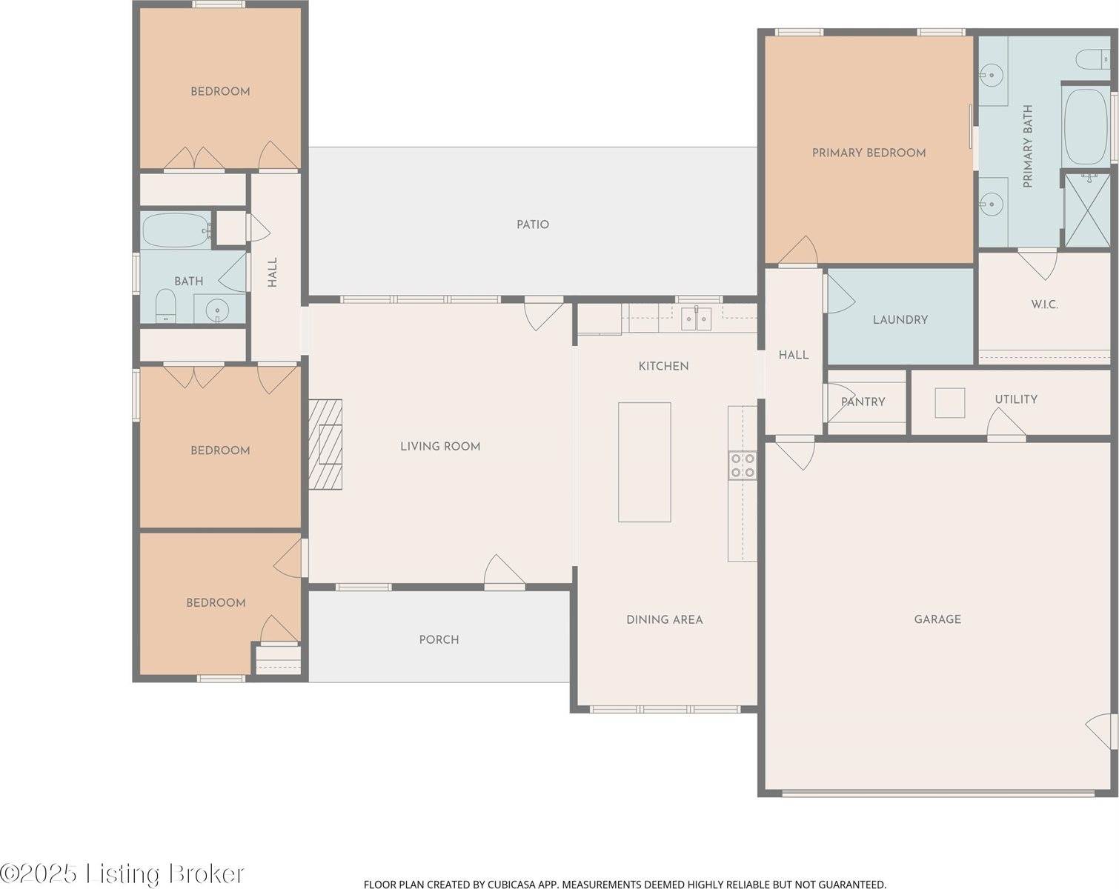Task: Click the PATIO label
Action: [533, 224]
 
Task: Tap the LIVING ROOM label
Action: [440, 446]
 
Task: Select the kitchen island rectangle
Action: [644, 462]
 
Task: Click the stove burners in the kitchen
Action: [743, 466]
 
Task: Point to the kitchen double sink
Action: [697, 318]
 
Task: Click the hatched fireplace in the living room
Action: [325, 444]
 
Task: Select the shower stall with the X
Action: [1087, 210]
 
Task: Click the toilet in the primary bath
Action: [1093, 60]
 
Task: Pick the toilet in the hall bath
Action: [166, 306]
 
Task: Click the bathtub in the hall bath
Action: [176, 230]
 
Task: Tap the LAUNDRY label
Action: [900, 320]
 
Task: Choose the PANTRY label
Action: [863, 402]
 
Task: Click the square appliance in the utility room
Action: [950, 403]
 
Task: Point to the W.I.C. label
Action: [1045, 304]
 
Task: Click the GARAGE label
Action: [937, 619]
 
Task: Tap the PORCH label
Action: [439, 639]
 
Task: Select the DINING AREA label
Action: [665, 619]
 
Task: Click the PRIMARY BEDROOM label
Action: [869, 153]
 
